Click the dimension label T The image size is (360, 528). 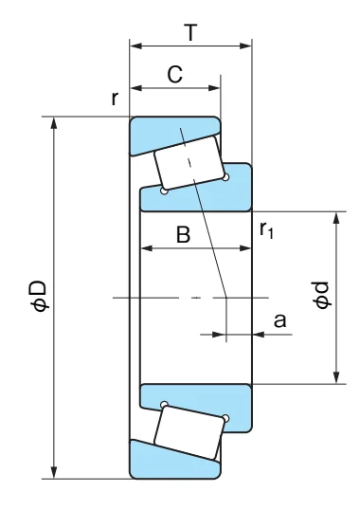click(x=191, y=32)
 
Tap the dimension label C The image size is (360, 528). click(x=175, y=75)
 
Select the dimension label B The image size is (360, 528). click(x=184, y=234)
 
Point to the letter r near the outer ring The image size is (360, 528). click(x=115, y=99)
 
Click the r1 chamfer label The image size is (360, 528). click(x=266, y=230)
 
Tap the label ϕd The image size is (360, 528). click(x=321, y=295)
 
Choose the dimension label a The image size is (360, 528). click(x=279, y=320)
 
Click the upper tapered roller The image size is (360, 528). click(x=189, y=163)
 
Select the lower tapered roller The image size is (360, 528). click(x=189, y=432)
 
